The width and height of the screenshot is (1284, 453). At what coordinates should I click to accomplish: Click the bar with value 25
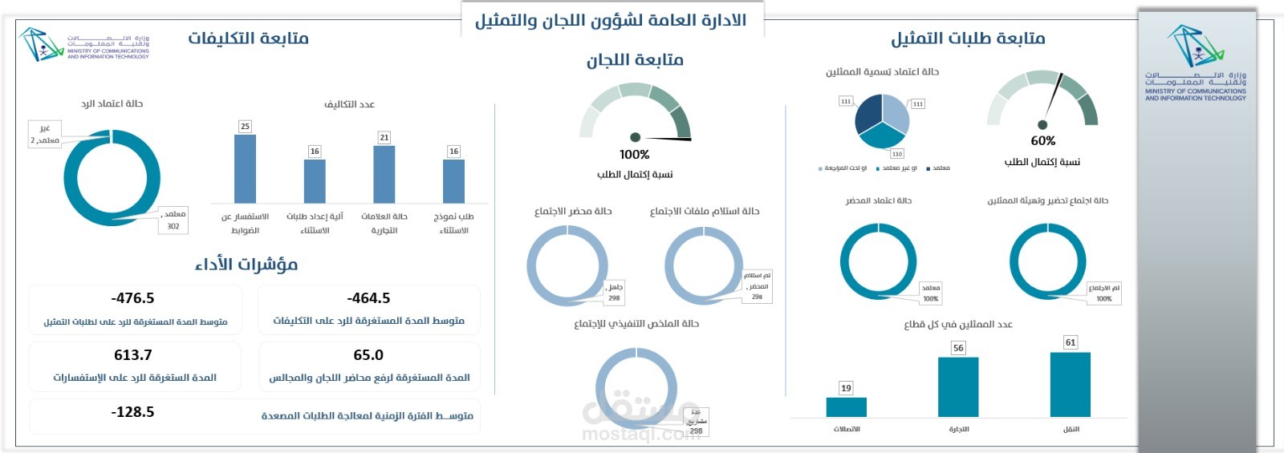[x=245, y=168]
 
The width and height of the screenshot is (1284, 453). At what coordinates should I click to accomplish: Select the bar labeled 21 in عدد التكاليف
[x=384, y=174]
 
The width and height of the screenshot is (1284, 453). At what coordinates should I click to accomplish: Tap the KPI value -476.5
[x=133, y=298]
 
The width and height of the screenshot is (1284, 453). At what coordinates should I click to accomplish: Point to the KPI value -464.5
[x=368, y=298]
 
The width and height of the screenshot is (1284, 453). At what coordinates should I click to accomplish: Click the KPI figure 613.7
[x=133, y=355]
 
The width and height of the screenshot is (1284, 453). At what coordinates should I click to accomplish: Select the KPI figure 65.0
[x=368, y=355]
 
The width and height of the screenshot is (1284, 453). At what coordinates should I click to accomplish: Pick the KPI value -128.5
[x=133, y=412]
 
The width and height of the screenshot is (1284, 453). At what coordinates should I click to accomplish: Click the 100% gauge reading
[x=634, y=155]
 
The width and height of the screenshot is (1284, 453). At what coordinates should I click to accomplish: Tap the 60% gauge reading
[x=1042, y=141]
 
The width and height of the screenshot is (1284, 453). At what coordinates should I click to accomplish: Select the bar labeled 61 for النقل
[x=1070, y=385]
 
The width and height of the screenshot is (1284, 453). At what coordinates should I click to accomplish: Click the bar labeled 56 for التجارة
[x=958, y=387]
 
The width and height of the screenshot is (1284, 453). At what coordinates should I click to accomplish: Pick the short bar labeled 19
[x=846, y=406]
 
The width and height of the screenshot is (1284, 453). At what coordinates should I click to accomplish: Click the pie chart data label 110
[x=896, y=154]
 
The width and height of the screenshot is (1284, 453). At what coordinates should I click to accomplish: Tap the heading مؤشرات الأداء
[x=246, y=264]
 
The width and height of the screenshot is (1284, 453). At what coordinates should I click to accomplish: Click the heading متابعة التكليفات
[x=248, y=38]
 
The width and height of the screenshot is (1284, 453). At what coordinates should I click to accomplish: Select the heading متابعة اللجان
[x=635, y=59]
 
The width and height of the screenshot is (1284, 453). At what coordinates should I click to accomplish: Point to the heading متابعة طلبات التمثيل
[x=968, y=38]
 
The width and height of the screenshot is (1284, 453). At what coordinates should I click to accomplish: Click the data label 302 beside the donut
[x=173, y=227]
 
